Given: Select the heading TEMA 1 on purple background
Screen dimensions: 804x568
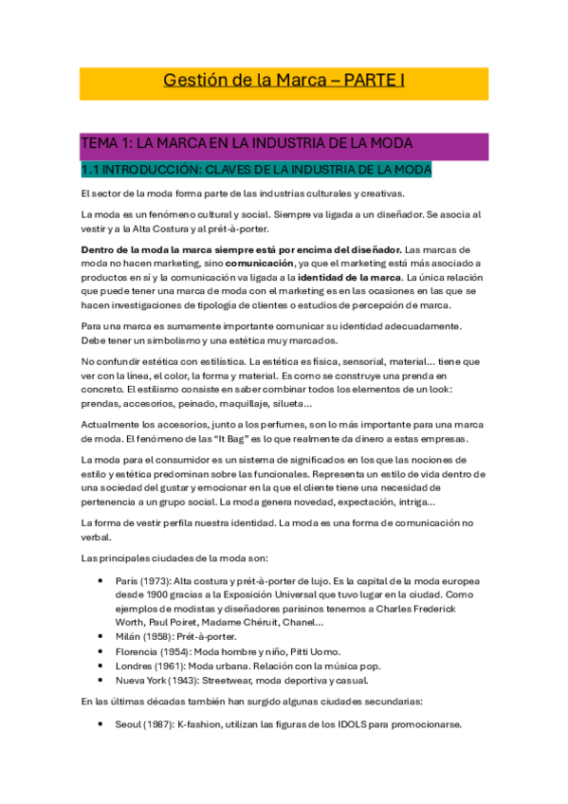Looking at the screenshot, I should pyautogui.click(x=107, y=143).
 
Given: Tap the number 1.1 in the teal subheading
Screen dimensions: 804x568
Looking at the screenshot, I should pyautogui.click(x=92, y=171).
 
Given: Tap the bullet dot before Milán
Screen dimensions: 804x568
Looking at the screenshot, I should pyautogui.click(x=101, y=636).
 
